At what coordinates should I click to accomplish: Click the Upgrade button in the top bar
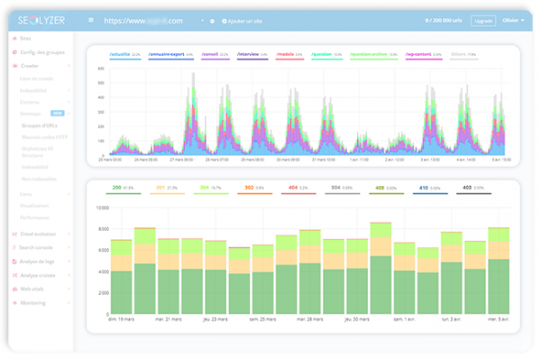tap(483, 20)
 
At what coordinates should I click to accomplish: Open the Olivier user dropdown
tap(511, 20)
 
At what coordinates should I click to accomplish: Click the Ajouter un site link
tap(233, 20)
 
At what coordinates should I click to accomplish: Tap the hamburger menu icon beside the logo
tap(90, 20)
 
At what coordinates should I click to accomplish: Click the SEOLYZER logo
tap(41, 20)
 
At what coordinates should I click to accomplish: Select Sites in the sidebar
tap(25, 40)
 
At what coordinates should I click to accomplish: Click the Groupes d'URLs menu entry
tap(39, 126)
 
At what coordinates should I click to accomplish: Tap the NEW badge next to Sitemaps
tap(57, 114)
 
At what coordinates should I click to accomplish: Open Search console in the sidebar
tap(37, 246)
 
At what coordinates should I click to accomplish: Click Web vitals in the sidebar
tap(32, 290)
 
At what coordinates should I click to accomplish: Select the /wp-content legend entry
tap(421, 54)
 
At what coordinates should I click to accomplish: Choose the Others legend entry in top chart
tap(460, 54)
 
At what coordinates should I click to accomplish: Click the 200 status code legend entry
tap(117, 188)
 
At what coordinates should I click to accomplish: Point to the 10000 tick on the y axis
tap(102, 207)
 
